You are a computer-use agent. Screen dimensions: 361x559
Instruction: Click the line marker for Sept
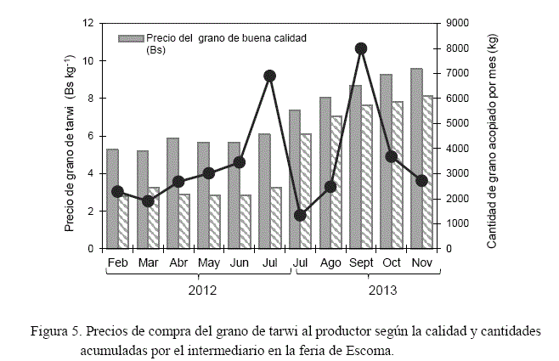pos(361,49)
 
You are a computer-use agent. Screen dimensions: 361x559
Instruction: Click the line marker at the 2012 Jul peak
pos(270,76)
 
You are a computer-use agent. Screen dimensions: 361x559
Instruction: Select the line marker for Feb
pos(117,191)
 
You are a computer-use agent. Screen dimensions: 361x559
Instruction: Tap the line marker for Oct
pos(392,156)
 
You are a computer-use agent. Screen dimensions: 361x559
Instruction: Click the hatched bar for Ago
pos(336,183)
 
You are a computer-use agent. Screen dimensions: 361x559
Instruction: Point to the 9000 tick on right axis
pos(455,23)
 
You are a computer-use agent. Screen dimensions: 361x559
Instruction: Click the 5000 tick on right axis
pos(455,123)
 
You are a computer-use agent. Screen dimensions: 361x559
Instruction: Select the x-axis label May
pos(209,262)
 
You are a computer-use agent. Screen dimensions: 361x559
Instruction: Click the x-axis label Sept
pos(361,262)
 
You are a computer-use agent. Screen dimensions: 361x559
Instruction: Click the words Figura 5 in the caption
pos(53,330)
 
